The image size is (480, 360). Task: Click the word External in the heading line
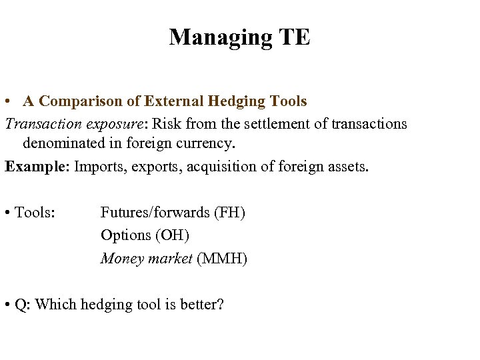pos(173,101)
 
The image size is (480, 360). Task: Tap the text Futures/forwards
pos(155,213)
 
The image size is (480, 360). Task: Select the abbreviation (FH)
pos(229,213)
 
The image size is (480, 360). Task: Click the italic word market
pos(171,259)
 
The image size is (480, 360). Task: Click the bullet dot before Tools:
pos(7,213)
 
